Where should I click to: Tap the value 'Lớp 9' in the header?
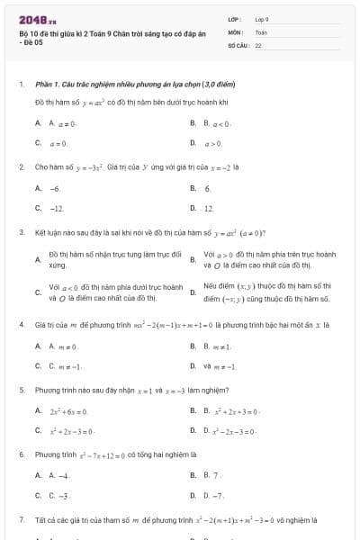262,18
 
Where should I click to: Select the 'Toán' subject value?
261,31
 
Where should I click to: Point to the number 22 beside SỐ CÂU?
258,43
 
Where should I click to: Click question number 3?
21,231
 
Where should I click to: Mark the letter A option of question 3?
37,260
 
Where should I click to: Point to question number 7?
21,519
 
